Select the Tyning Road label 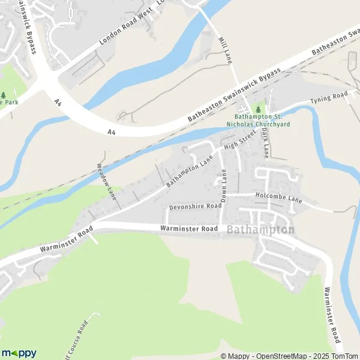click(x=329, y=97)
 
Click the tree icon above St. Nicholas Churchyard click(x=259, y=110)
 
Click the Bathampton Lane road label click(x=190, y=170)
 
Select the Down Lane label click(x=225, y=185)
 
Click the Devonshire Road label click(x=196, y=206)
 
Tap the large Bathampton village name click(x=261, y=229)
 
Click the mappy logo click(x=19, y=353)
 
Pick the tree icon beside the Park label click(x=4, y=95)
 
